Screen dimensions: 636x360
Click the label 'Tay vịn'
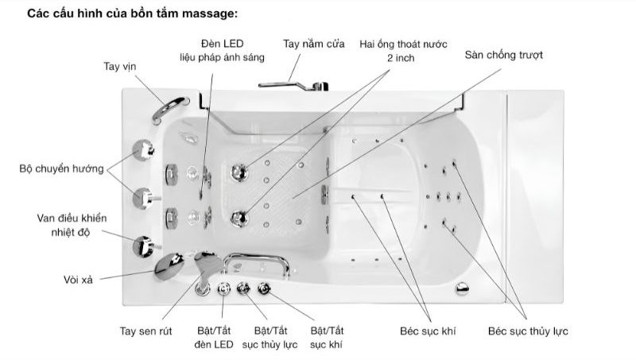(120, 67)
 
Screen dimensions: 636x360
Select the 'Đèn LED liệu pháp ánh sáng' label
(223, 51)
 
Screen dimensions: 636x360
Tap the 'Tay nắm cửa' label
(314, 44)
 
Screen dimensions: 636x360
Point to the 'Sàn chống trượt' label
(503, 55)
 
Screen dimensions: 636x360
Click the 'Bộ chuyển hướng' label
(62, 168)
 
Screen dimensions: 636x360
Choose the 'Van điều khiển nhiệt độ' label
(72, 226)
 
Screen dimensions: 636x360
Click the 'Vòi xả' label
(78, 280)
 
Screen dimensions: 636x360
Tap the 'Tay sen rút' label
(145, 331)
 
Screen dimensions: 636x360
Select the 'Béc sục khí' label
(428, 331)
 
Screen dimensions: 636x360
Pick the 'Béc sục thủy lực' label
(528, 331)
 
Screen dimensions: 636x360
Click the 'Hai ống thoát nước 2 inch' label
(403, 51)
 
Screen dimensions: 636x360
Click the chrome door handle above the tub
(293, 86)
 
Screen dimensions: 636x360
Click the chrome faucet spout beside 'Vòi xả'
(169, 266)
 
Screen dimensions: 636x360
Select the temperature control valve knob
(144, 246)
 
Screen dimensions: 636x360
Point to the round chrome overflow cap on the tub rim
(462, 288)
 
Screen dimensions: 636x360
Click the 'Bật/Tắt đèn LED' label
(214, 338)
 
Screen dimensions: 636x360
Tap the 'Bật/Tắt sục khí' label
(327, 338)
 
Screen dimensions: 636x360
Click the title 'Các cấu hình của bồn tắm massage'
(132, 14)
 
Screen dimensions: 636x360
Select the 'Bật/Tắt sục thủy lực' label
(270, 338)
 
